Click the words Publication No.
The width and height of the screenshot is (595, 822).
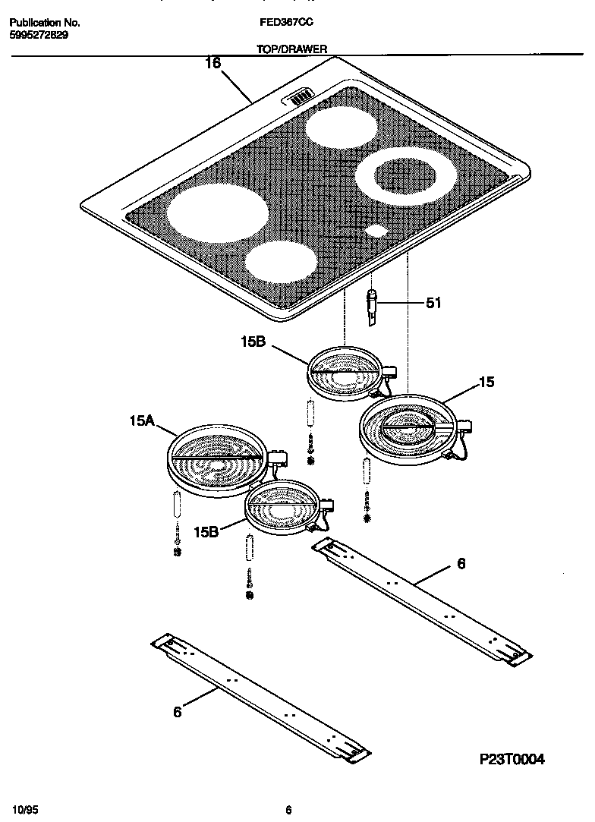point(45,23)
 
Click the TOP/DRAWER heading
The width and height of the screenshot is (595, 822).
point(292,49)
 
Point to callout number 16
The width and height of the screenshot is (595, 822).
point(212,64)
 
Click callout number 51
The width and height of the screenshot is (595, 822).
point(433,304)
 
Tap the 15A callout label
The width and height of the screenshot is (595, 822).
point(143,420)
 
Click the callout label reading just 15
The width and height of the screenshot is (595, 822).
point(486,383)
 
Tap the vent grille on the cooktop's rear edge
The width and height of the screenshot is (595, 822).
point(300,96)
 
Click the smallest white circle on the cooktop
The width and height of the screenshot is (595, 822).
point(376,231)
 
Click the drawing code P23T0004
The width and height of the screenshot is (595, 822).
point(512,759)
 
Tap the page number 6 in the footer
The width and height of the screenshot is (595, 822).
point(288,809)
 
